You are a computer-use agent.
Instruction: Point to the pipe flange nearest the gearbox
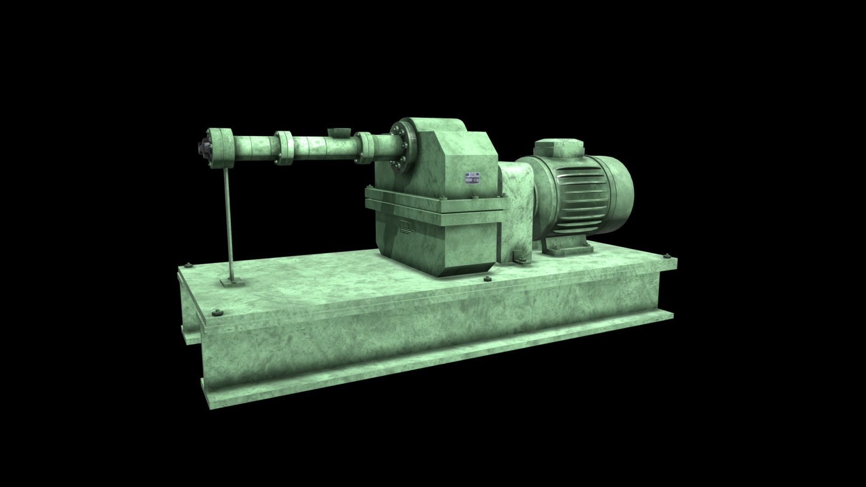(364, 147)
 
